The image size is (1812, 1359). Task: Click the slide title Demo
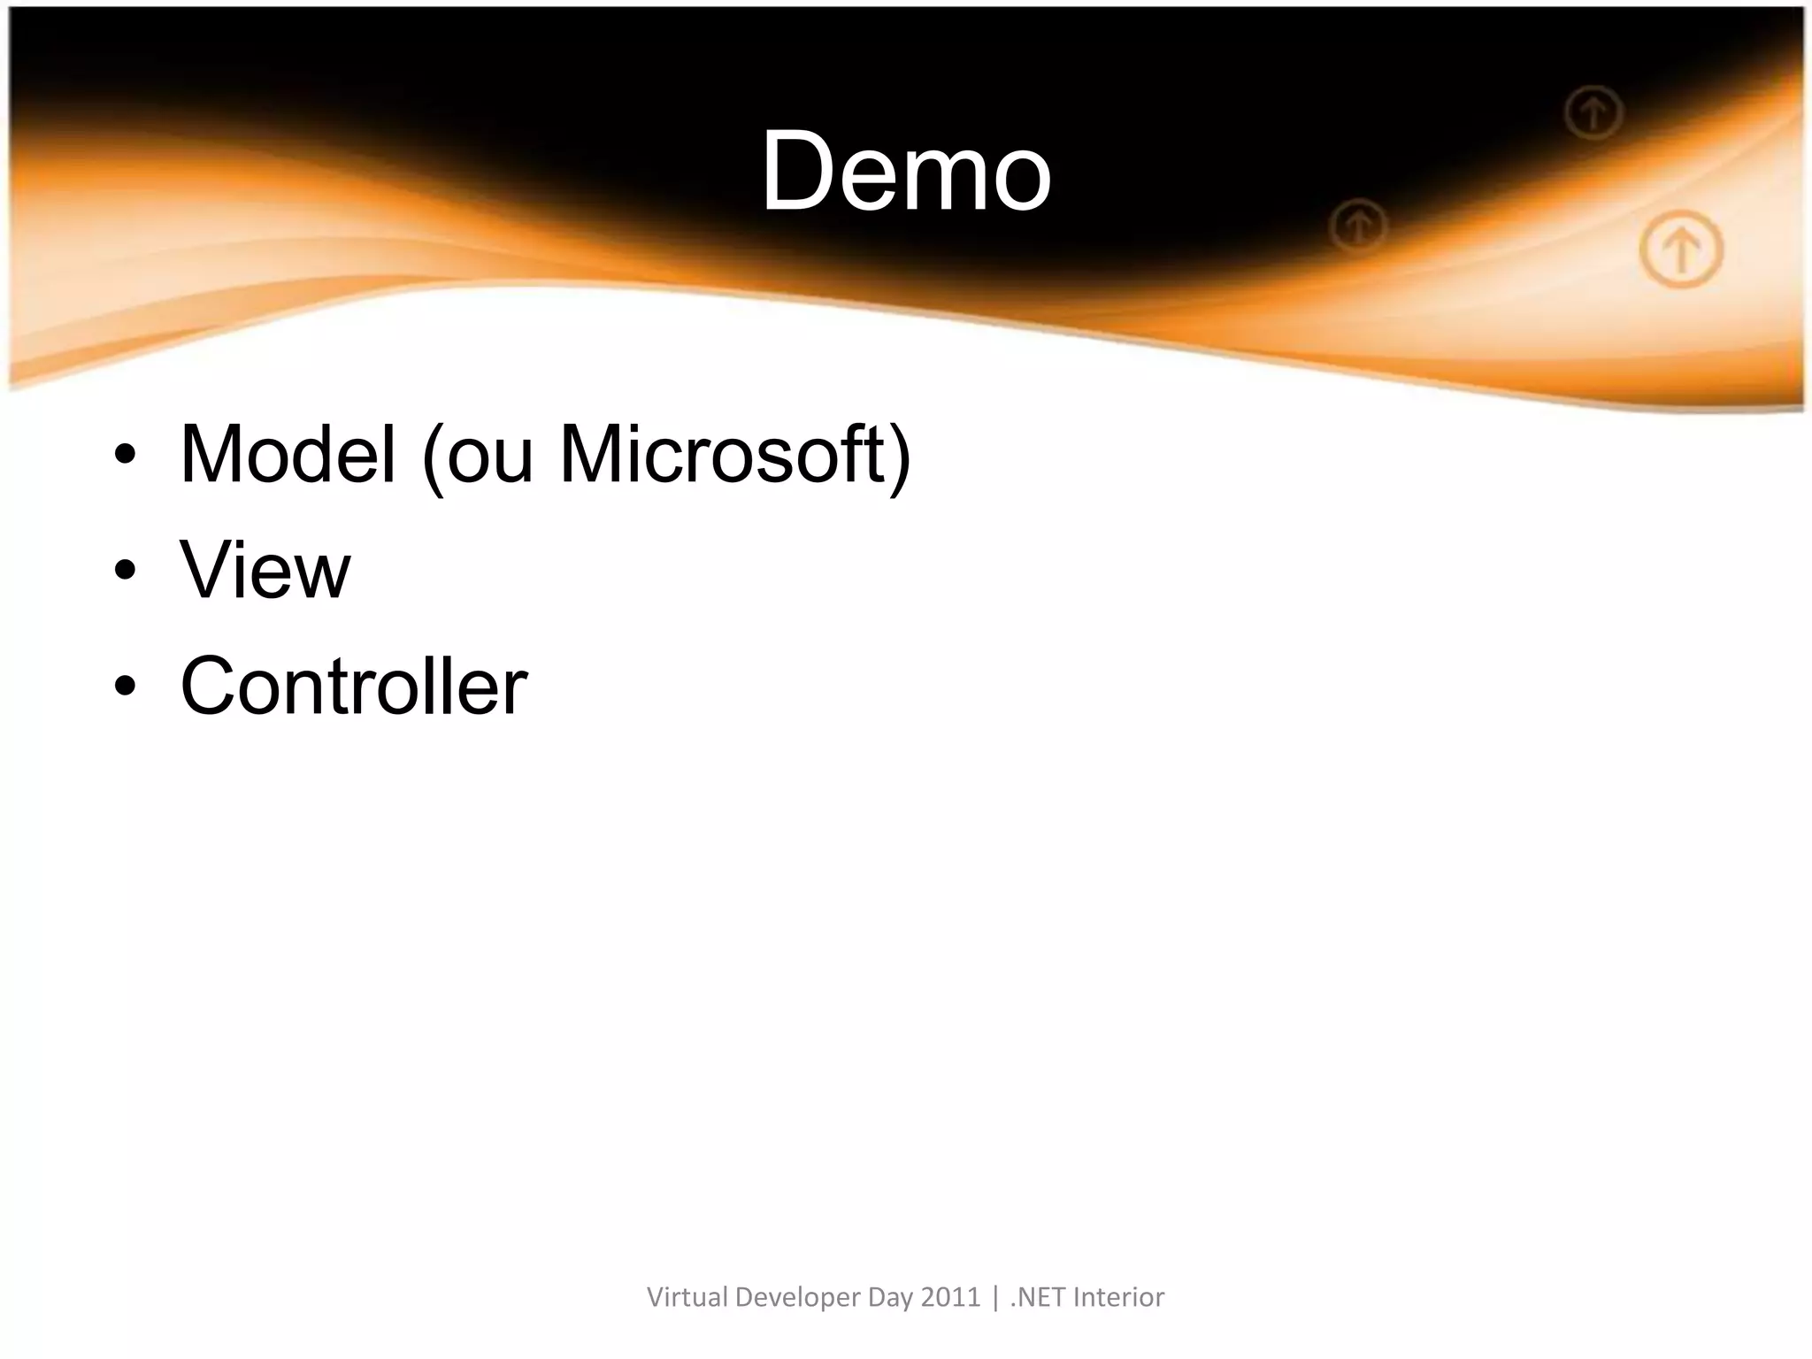906,170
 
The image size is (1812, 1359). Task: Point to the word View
265,570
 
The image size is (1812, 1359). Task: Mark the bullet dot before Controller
125,687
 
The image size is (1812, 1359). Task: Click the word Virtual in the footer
687,1297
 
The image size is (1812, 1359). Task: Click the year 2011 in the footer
951,1297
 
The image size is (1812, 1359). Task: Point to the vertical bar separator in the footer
996,1298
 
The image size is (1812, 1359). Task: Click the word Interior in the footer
1119,1297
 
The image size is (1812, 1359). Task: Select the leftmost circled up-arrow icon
1358,226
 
